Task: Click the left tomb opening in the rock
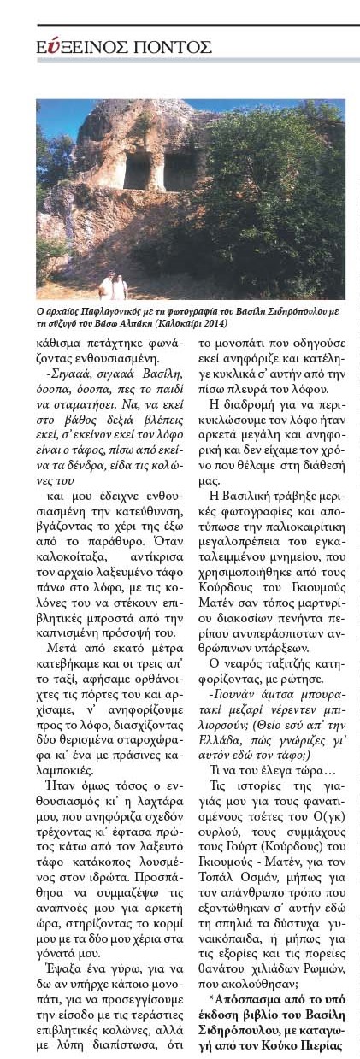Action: [x=137, y=171]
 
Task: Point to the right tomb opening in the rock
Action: [x=180, y=167]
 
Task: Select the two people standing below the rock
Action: [x=112, y=285]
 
